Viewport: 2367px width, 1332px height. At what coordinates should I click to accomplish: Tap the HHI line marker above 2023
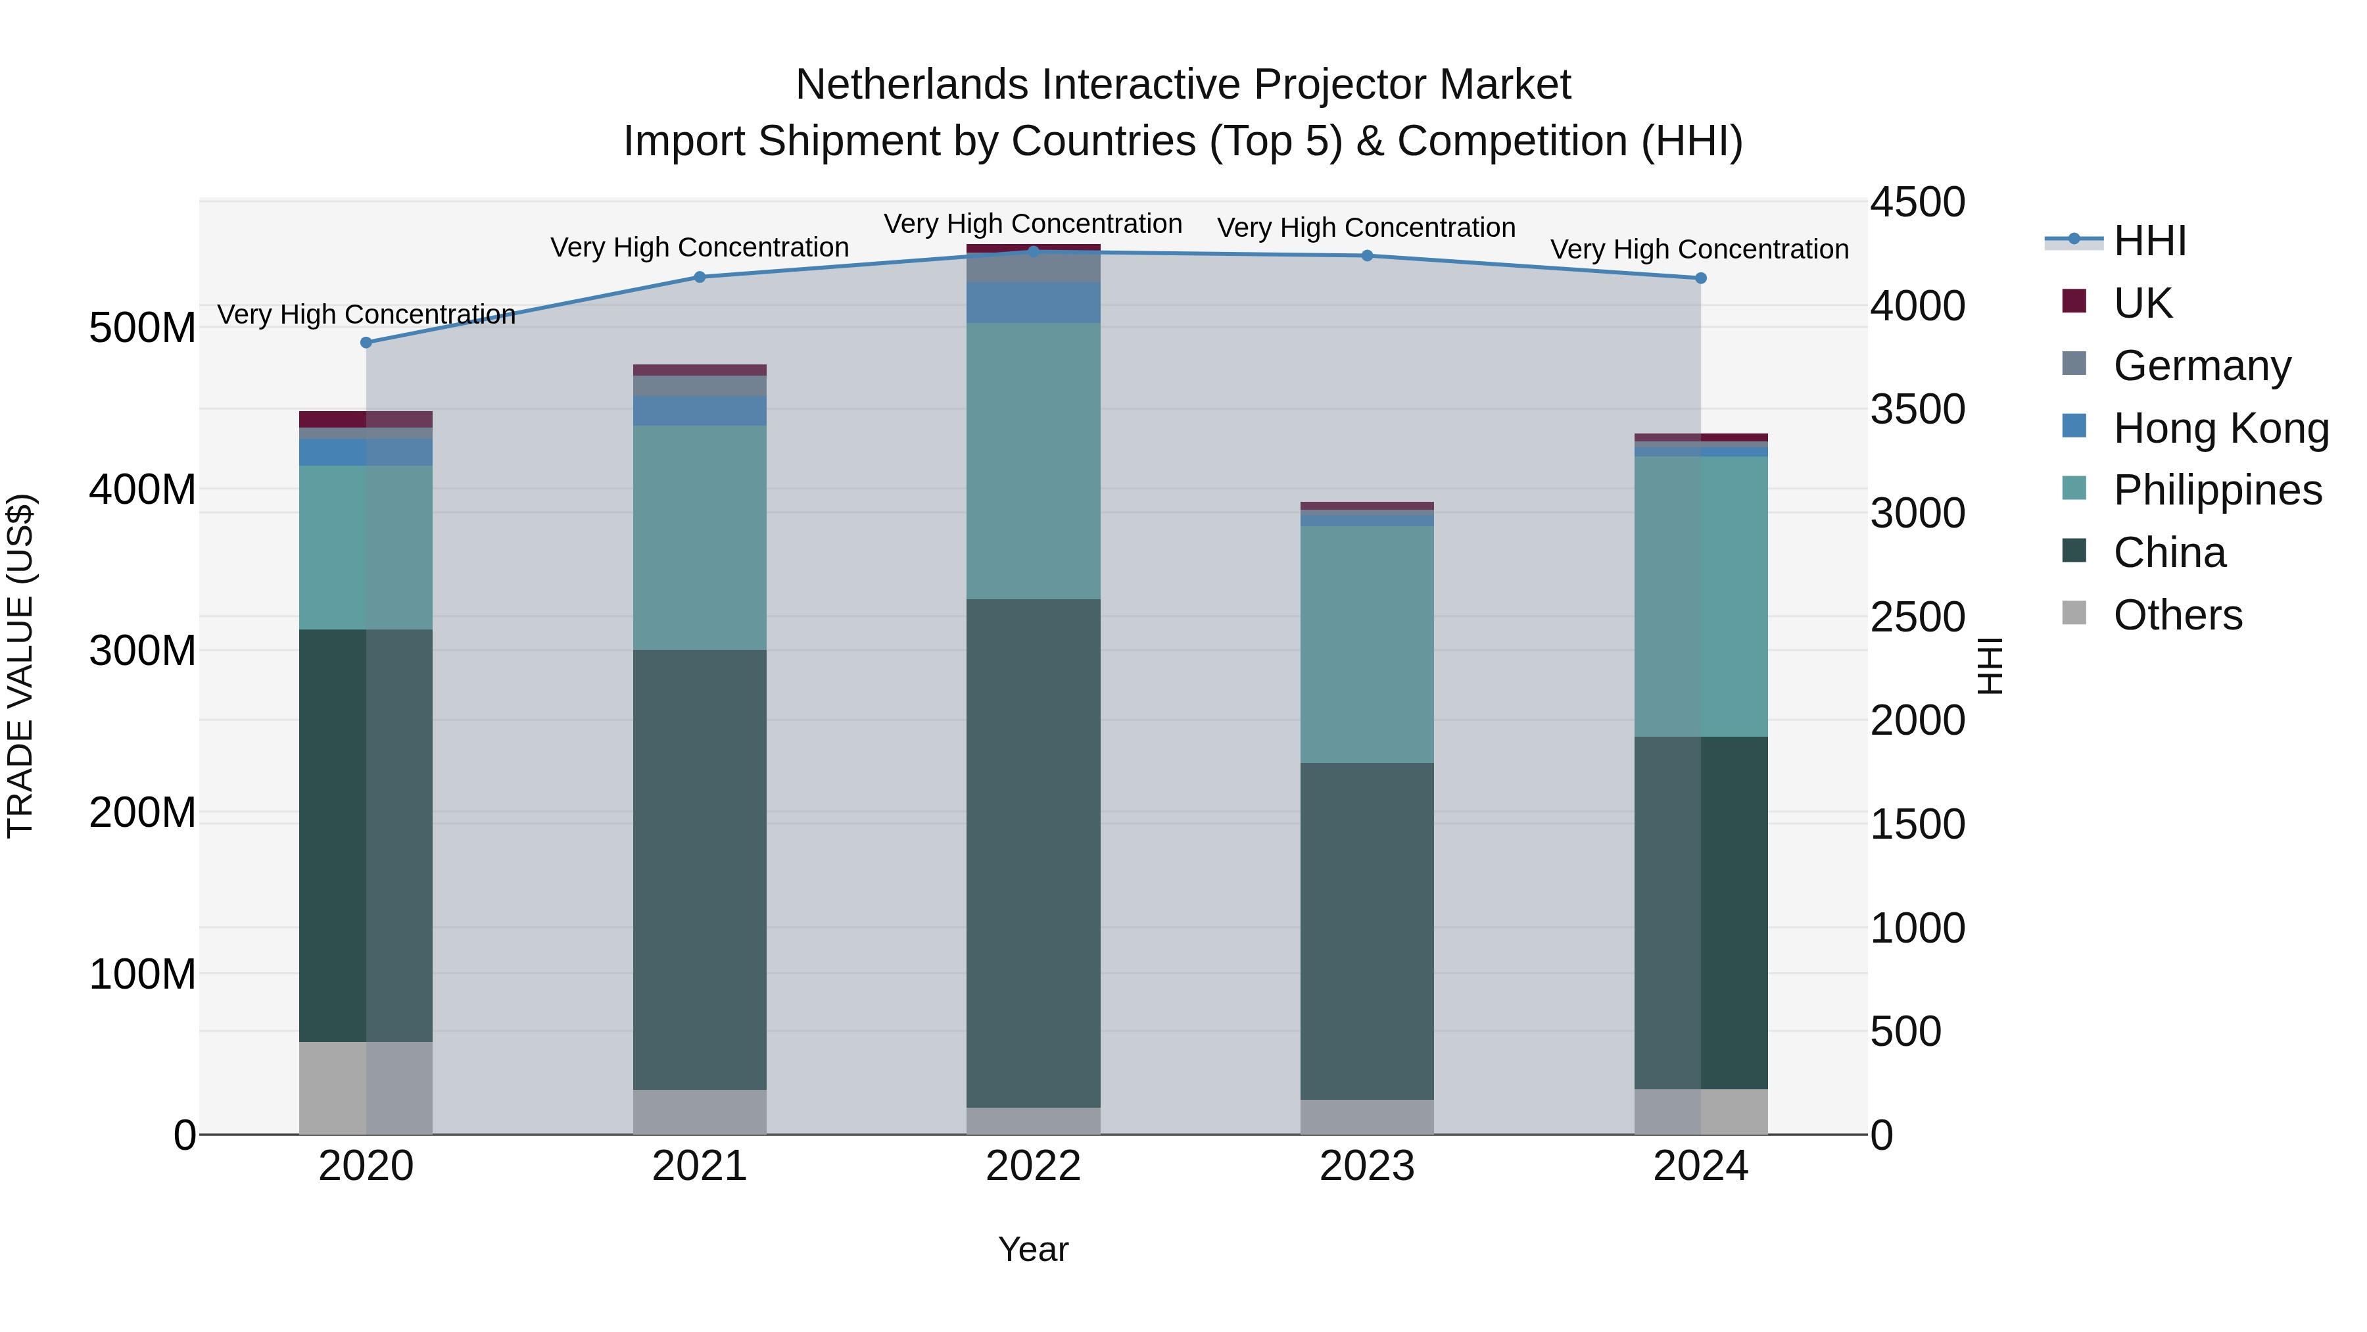tap(1366, 256)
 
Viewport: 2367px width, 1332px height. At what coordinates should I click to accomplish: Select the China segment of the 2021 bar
tap(700, 869)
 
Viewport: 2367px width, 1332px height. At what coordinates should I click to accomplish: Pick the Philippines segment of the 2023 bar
tap(1366, 643)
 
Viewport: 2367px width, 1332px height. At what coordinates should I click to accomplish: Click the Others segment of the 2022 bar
tap(1033, 1121)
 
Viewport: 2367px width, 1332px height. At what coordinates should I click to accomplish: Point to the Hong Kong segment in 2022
tap(1033, 303)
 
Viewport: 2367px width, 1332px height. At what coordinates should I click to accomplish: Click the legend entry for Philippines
tap(2216, 490)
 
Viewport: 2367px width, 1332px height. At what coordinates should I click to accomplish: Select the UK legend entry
tap(2142, 303)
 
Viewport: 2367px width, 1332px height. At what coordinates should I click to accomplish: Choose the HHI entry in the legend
tap(2148, 241)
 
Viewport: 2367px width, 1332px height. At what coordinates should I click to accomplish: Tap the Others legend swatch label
tap(2177, 615)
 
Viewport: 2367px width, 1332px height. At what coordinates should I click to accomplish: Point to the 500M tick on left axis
tap(143, 328)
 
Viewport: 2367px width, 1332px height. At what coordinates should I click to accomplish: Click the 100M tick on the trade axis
tap(143, 974)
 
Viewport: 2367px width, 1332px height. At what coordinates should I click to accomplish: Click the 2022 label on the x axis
tap(1033, 1166)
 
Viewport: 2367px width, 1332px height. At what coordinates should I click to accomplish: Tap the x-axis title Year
tap(1033, 1249)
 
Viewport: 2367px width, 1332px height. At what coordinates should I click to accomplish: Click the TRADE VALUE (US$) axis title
tap(20, 666)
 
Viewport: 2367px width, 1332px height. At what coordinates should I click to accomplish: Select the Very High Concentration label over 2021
tap(700, 247)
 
